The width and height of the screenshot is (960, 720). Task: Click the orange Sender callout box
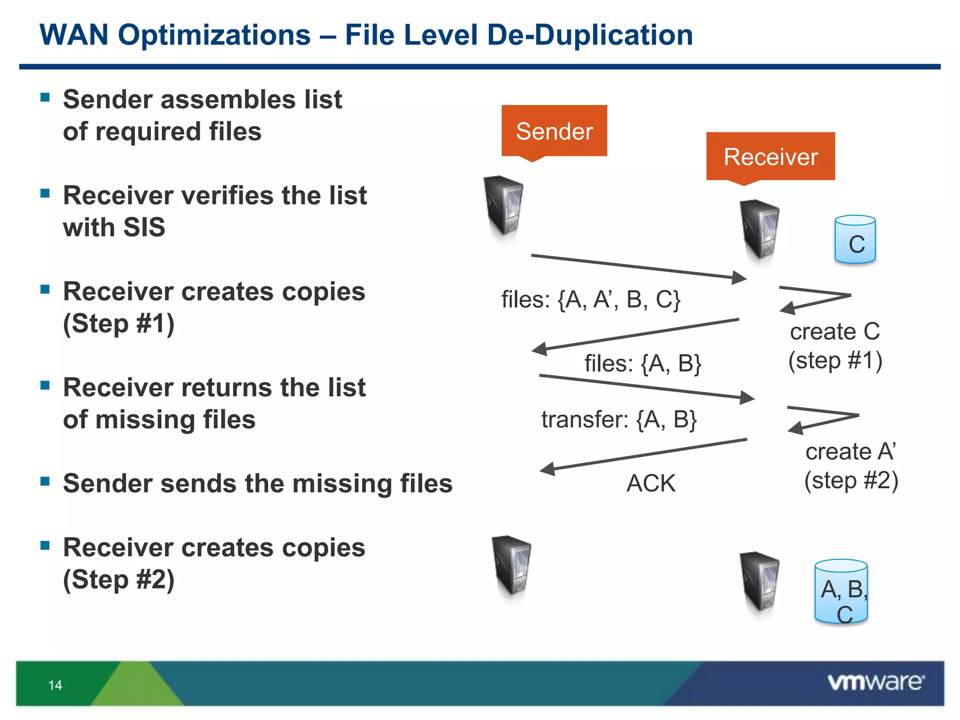tap(554, 131)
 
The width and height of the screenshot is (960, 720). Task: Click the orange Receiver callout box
tap(770, 156)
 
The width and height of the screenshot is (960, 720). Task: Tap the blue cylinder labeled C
tap(855, 240)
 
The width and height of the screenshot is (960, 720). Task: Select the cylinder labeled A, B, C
tap(841, 592)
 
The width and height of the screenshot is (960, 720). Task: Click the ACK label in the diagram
tap(651, 483)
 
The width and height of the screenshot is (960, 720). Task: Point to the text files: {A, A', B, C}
tap(591, 300)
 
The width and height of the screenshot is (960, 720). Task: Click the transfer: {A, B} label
tap(619, 419)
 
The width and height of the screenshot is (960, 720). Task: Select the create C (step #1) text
tap(835, 346)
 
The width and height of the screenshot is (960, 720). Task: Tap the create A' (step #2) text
tap(851, 466)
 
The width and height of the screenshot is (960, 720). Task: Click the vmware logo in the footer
tap(876, 682)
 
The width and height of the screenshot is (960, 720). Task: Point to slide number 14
tap(55, 685)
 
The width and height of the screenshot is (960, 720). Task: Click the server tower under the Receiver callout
tap(759, 230)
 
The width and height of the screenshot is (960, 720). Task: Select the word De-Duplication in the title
tap(590, 35)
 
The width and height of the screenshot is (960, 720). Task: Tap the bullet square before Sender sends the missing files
tap(45, 481)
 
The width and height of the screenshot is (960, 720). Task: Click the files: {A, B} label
tap(642, 363)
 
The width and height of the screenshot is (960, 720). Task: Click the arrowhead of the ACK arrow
tap(547, 469)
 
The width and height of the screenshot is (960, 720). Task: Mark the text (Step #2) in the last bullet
tap(119, 579)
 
